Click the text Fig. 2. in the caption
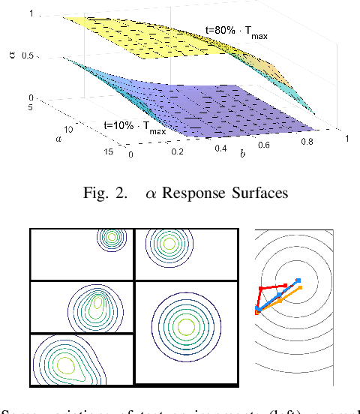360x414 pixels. [112, 193]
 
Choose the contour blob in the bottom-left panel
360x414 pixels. [66, 365]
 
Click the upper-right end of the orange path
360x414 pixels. [300, 286]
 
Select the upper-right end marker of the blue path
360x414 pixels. [298, 281]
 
